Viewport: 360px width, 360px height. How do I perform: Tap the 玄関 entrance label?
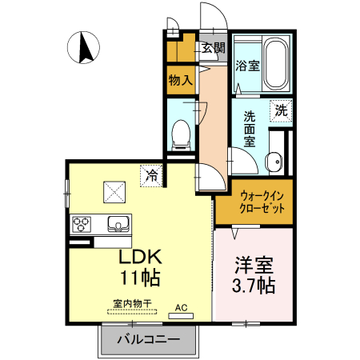[x=213, y=47]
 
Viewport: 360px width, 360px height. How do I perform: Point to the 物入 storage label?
[x=181, y=80]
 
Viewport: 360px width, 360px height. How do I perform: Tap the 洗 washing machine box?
[x=282, y=110]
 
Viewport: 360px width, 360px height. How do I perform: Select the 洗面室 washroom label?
[x=249, y=128]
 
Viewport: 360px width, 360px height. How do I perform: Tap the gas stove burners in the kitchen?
[x=83, y=223]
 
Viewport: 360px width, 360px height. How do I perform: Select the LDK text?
[x=141, y=258]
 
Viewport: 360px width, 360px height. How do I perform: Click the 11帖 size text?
[x=141, y=278]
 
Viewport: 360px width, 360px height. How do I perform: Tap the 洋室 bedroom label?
[x=254, y=264]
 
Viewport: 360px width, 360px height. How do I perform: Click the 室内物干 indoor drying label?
[x=131, y=305]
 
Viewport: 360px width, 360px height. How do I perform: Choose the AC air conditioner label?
[x=181, y=306]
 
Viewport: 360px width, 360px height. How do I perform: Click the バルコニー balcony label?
[x=148, y=339]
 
